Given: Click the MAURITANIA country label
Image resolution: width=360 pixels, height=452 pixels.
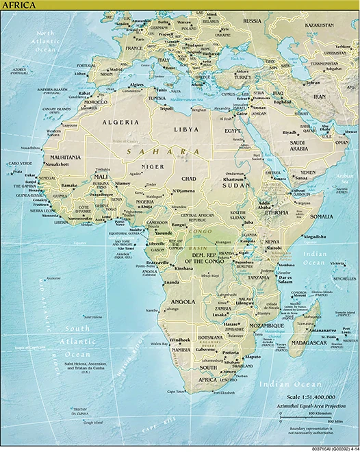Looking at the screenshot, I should pos(64,158).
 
